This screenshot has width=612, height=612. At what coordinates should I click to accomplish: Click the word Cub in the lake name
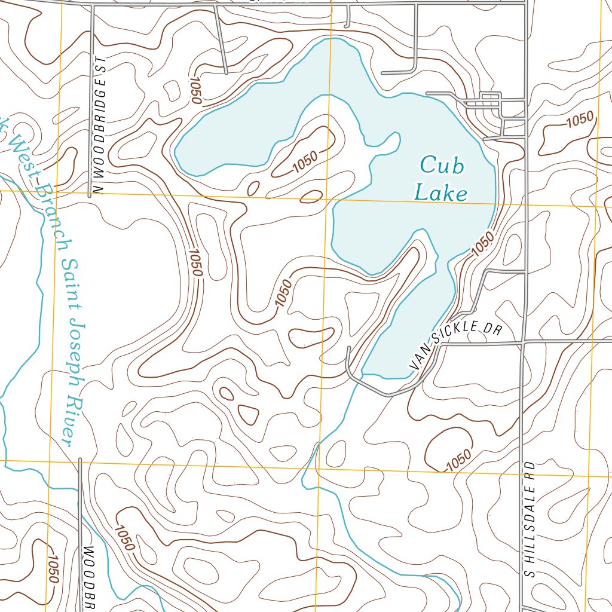click(x=442, y=166)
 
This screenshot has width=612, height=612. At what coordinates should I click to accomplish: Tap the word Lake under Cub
click(x=441, y=192)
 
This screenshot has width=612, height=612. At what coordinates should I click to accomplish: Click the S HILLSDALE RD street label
click(x=529, y=519)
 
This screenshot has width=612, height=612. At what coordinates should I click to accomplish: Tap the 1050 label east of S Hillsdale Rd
click(x=580, y=120)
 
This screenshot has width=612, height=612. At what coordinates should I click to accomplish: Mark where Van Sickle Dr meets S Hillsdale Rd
click(x=524, y=343)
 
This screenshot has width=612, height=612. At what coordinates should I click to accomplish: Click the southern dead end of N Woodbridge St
click(x=90, y=195)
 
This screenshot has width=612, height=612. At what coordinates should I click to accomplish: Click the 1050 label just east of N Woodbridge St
click(x=195, y=264)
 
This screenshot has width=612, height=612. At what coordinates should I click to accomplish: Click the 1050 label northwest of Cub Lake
click(x=195, y=90)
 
